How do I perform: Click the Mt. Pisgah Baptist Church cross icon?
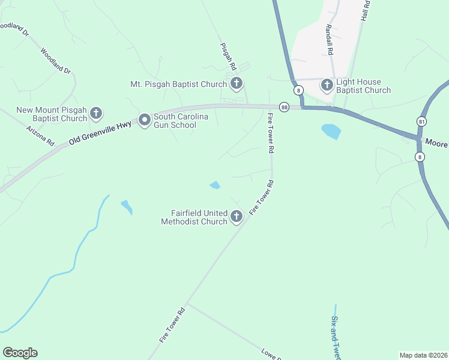click(237, 83)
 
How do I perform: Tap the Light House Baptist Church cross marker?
click(327, 85)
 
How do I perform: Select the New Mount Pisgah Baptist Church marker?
click(95, 113)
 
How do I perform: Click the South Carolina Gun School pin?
click(144, 120)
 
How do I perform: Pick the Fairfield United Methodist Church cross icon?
click(237, 216)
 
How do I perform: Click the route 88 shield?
click(285, 107)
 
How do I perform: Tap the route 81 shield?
click(422, 121)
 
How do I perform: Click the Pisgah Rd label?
click(229, 56)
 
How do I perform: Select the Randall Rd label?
click(329, 40)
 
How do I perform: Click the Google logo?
click(20, 353)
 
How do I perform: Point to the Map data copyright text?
click(423, 355)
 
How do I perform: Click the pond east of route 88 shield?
click(331, 130)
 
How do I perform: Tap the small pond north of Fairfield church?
click(214, 185)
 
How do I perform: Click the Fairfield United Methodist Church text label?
click(194, 217)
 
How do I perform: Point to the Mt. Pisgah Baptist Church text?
click(178, 84)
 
